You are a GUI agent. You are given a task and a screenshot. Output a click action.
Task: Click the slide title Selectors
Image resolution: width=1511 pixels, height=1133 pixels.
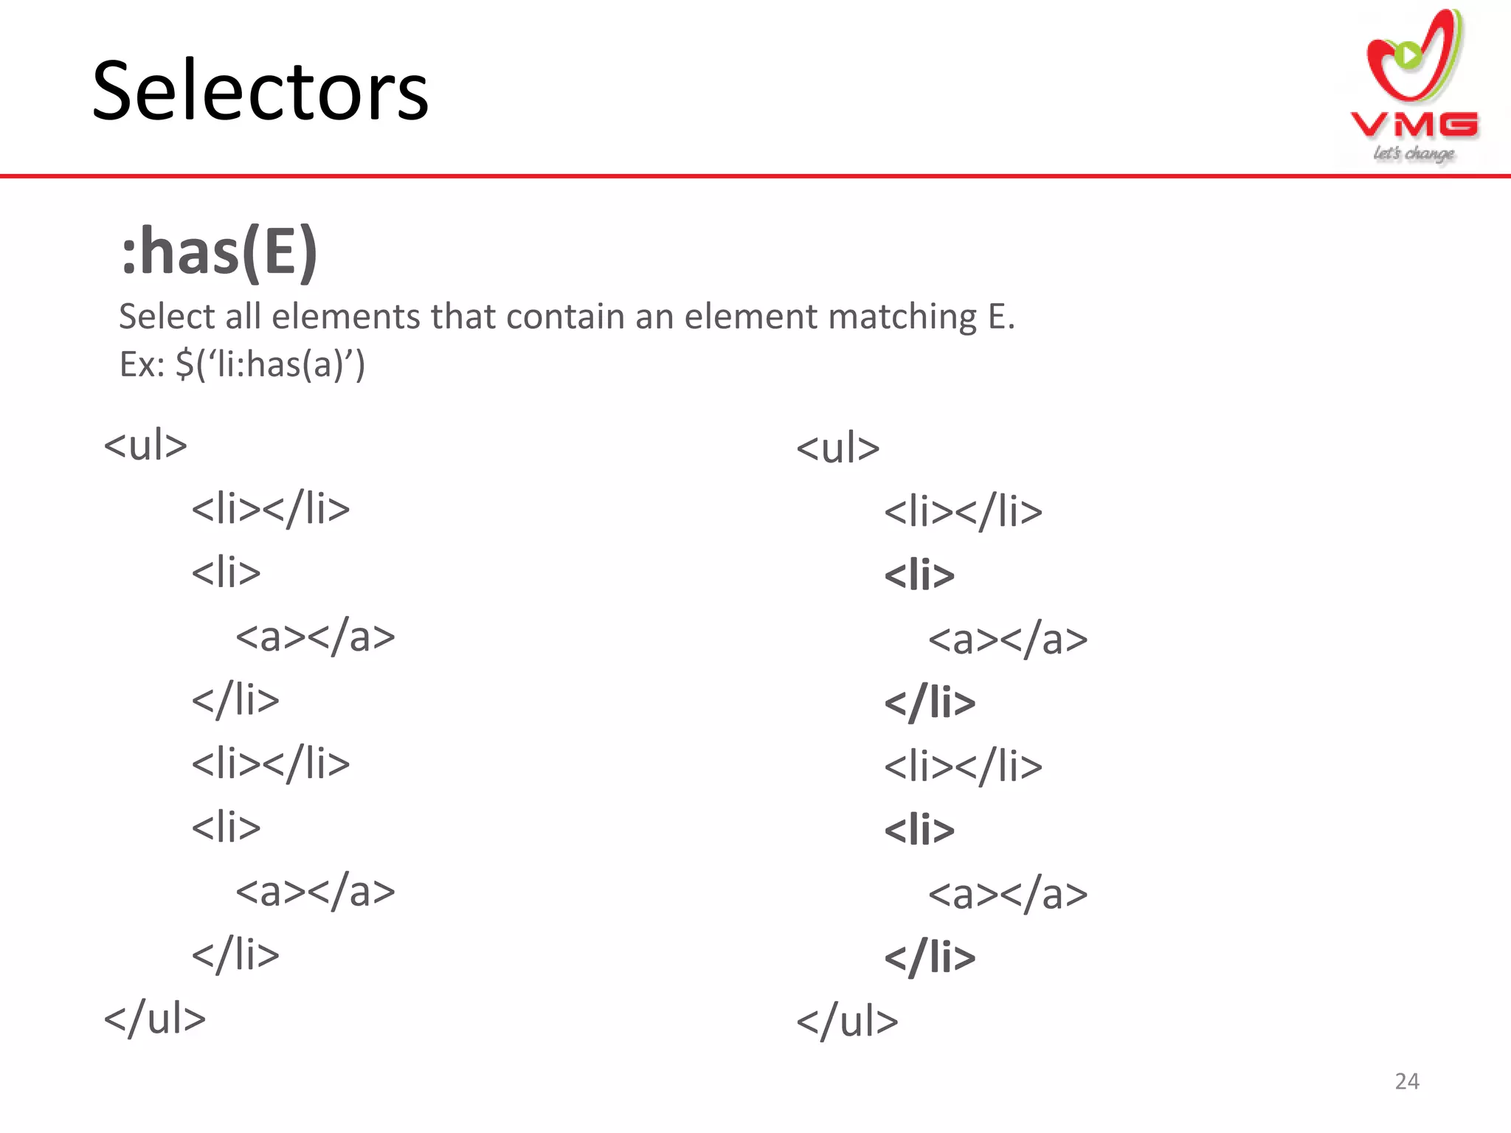pyautogui.click(x=260, y=91)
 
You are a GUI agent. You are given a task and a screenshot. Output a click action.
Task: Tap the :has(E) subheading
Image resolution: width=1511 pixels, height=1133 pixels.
pyautogui.click(x=219, y=252)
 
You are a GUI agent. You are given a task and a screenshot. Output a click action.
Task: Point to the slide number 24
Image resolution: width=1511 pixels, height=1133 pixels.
pyautogui.click(x=1406, y=1081)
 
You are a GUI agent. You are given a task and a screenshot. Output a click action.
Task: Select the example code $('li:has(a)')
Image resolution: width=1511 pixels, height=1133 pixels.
pyautogui.click(x=270, y=364)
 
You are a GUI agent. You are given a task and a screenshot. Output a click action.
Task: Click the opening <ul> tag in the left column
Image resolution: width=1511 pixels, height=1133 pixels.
pyautogui.click(x=145, y=445)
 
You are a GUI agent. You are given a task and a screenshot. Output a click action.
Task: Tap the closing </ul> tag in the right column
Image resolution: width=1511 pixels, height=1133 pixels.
pyautogui.click(x=847, y=1022)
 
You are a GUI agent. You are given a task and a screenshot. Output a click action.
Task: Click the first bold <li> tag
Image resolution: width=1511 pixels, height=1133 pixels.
pyautogui.click(x=919, y=575)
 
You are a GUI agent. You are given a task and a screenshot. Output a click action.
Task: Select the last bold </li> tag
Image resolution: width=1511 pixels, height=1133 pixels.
pyautogui.click(x=930, y=957)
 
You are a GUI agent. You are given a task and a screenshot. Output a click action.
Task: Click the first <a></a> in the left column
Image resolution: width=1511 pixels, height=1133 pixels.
pyautogui.click(x=315, y=637)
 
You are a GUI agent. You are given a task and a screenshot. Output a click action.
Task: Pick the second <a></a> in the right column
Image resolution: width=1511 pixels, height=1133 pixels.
pyautogui.click(x=1007, y=894)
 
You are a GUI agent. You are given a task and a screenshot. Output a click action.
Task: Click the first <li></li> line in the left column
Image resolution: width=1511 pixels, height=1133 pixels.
pyautogui.click(x=271, y=509)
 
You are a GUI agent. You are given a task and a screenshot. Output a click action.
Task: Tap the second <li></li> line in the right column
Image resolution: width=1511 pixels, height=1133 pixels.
pyautogui.click(x=963, y=766)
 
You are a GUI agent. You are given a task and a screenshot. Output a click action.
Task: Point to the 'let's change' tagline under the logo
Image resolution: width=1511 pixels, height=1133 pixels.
pyautogui.click(x=1414, y=153)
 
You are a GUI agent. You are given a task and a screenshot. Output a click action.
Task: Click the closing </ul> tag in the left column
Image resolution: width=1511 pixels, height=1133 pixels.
pyautogui.click(x=154, y=1019)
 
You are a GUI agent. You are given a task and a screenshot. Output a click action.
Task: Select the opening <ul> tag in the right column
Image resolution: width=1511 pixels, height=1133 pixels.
pyautogui.click(x=838, y=448)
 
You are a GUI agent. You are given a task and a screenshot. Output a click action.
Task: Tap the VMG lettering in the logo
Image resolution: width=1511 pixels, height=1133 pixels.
pyautogui.click(x=1414, y=125)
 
